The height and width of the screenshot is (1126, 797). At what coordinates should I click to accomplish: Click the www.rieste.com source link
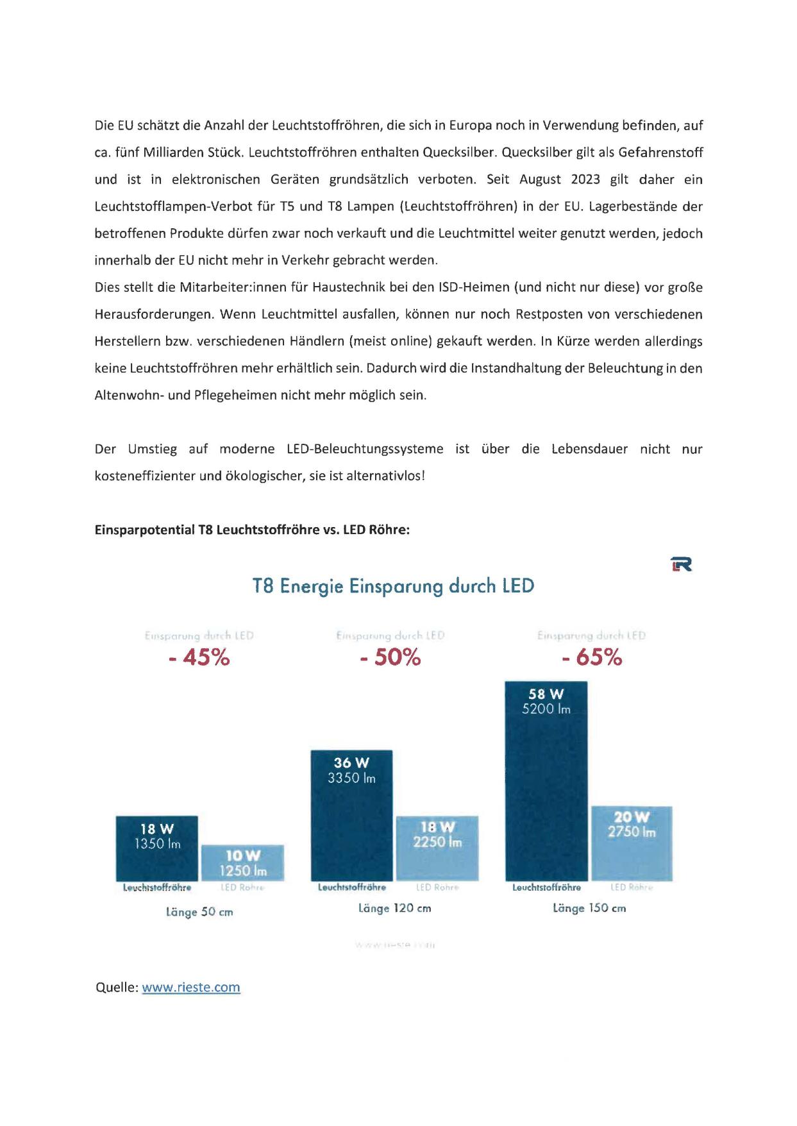(191, 987)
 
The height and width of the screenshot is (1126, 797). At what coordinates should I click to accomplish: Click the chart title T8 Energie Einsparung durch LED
(393, 586)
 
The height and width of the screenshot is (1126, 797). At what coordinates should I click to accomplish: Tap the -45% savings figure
(199, 658)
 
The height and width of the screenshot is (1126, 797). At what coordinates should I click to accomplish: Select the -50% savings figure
(390, 658)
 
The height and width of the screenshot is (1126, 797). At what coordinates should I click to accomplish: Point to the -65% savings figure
(591, 658)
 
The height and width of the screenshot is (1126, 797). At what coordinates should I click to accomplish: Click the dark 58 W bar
(546, 782)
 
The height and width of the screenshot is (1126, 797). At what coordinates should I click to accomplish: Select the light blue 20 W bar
(632, 843)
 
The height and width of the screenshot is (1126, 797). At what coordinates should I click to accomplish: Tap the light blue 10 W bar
(243, 862)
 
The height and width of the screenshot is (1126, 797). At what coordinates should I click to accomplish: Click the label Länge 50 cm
(199, 912)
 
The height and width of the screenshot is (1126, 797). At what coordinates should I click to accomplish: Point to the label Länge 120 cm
(394, 908)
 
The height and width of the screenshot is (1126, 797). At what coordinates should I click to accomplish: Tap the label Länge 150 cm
(589, 908)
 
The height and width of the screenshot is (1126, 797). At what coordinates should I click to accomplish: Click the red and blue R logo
(682, 564)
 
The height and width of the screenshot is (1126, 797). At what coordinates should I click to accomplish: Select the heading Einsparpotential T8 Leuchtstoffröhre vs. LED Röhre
(252, 530)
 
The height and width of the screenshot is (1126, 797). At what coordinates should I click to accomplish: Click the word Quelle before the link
(116, 987)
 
